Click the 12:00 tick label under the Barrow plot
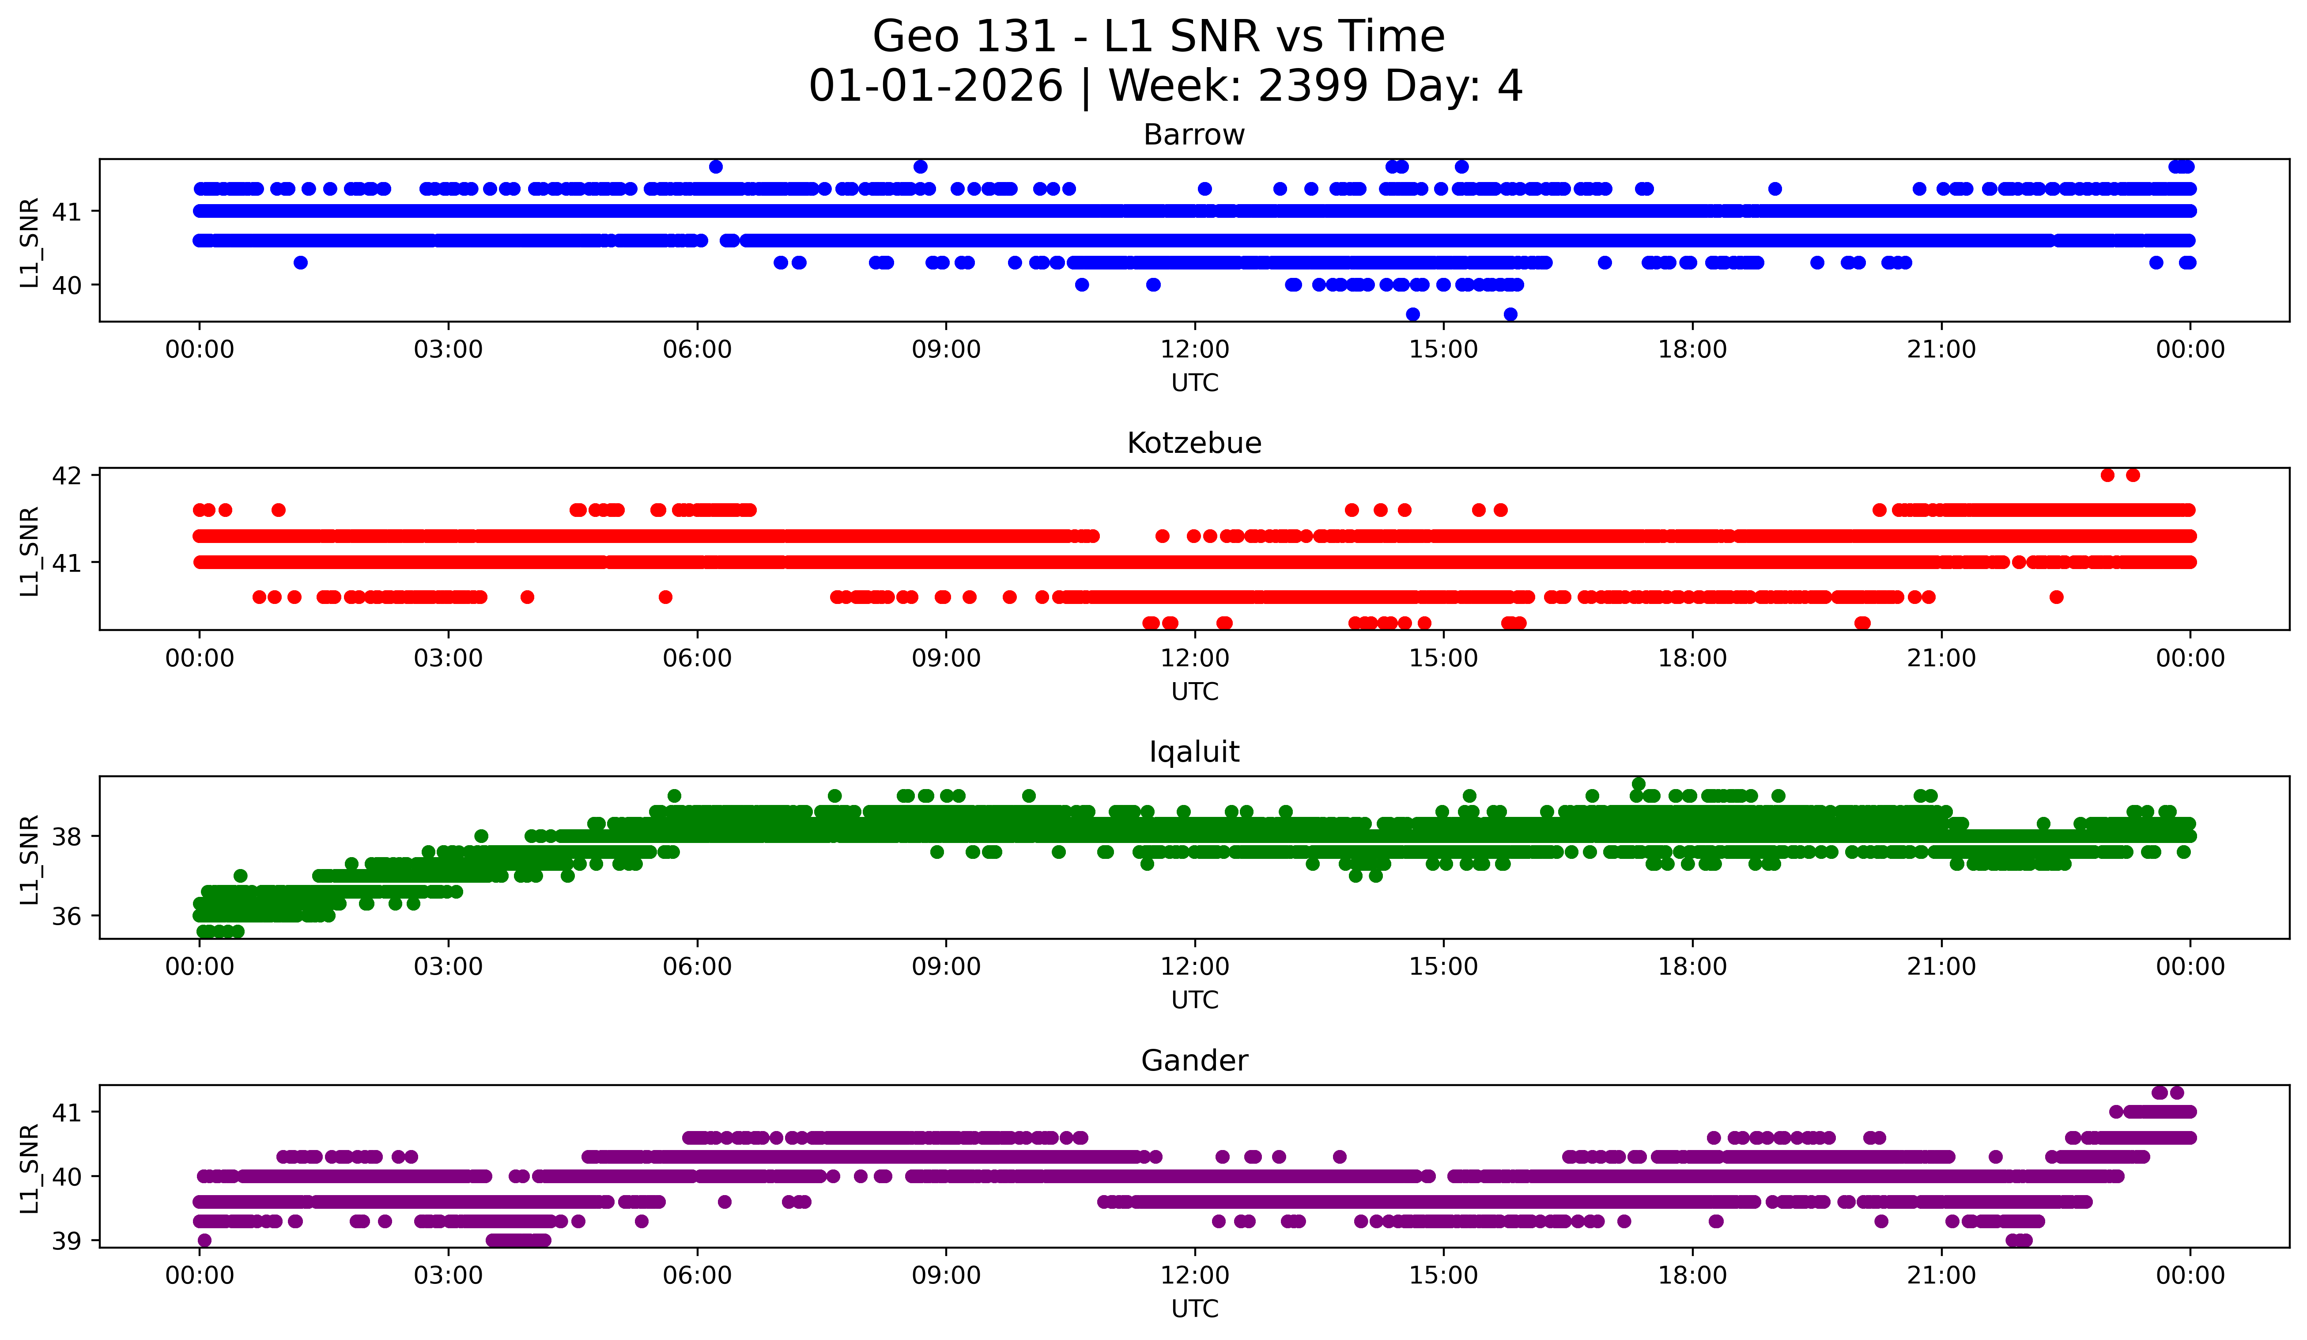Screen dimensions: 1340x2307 1195,350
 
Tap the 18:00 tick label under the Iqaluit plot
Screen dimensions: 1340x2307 1692,967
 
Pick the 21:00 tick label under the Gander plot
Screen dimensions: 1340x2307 1941,1276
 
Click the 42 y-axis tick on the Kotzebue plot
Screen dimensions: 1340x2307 67,475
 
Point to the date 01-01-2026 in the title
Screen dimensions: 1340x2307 936,86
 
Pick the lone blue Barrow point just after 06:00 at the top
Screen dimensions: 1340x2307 716,167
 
